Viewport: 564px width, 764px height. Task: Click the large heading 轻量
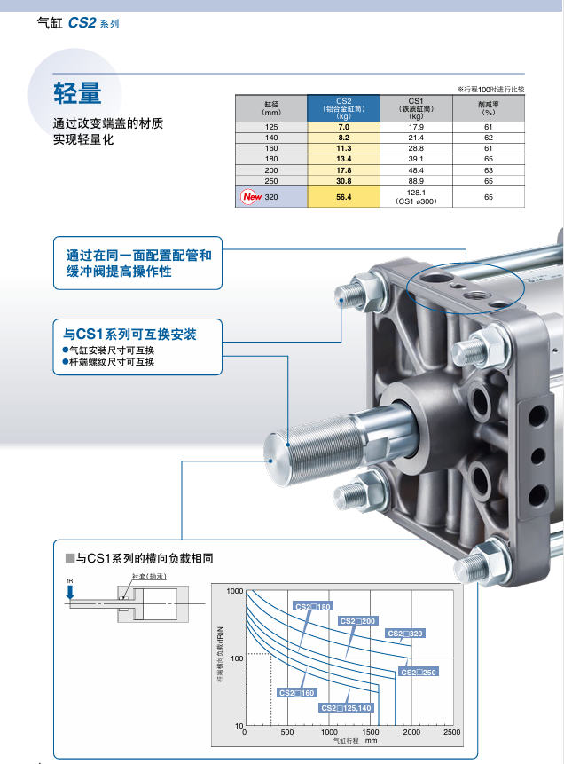tap(77, 91)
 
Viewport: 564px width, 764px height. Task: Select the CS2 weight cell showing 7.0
tap(344, 128)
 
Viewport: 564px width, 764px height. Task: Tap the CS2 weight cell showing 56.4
tap(344, 197)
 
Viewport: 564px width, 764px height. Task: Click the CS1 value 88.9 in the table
tap(416, 180)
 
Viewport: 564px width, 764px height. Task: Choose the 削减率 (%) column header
tap(488, 107)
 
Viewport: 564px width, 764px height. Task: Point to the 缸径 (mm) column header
tap(271, 107)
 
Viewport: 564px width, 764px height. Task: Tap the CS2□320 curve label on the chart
tap(404, 634)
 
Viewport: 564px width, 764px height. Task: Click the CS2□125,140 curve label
tap(347, 707)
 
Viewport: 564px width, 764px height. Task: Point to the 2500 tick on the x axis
tap(450, 732)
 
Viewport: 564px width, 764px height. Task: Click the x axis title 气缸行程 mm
tap(355, 740)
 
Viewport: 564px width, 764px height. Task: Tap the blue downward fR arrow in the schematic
tap(70, 593)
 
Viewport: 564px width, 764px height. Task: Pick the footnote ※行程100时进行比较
tap(490, 89)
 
